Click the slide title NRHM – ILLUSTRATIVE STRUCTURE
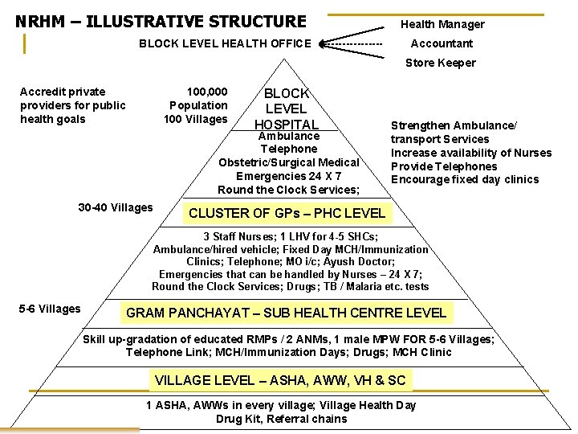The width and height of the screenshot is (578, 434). point(161,22)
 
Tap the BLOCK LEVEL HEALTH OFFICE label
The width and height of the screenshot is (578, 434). point(225,43)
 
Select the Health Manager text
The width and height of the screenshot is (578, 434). point(442,24)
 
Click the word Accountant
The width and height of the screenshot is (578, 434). point(442,43)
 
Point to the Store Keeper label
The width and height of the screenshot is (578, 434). point(440,63)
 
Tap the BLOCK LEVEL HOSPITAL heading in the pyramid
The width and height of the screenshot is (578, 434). point(286,108)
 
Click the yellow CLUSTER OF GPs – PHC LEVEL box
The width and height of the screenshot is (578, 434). point(287,213)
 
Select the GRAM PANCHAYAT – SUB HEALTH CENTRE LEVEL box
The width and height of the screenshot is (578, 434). point(287,313)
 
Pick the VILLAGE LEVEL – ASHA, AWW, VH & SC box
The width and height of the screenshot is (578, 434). point(280,380)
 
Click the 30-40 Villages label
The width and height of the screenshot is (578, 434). point(115,208)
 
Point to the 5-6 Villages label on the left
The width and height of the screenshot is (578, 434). point(50,309)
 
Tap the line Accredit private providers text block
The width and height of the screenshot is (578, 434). point(73,105)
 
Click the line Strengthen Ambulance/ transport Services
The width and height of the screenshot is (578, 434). point(454,132)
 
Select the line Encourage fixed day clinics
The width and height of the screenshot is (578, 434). point(465,179)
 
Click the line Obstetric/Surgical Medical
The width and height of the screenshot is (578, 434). point(289,162)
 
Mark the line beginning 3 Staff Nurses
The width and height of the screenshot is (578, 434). point(291,236)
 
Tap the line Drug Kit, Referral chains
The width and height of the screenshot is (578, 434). point(281,419)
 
